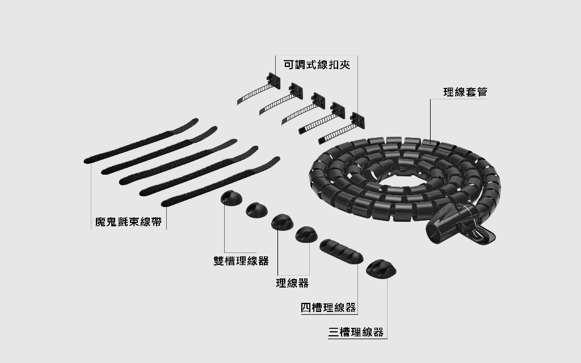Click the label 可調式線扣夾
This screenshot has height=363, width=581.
(317, 65)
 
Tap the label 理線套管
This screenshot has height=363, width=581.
(465, 92)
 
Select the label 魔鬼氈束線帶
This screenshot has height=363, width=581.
(128, 222)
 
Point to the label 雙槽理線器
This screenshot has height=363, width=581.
(241, 261)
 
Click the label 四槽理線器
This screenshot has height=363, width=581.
(329, 307)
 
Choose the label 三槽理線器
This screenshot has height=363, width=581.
(356, 332)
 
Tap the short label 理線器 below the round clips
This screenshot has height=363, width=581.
(292, 283)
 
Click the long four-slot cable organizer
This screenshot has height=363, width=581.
(341, 251)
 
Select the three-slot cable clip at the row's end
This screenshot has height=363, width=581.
(381, 269)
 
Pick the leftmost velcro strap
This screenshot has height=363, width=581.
(141, 141)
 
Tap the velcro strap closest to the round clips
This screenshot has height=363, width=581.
(221, 182)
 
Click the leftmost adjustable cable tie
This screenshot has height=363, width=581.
(259, 89)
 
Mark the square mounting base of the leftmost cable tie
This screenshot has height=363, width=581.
(273, 81)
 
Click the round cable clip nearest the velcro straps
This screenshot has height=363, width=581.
(231, 198)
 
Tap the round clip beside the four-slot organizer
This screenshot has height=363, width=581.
(306, 234)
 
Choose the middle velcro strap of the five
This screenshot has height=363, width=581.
(178, 162)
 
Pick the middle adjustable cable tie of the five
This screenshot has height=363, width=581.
(303, 108)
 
